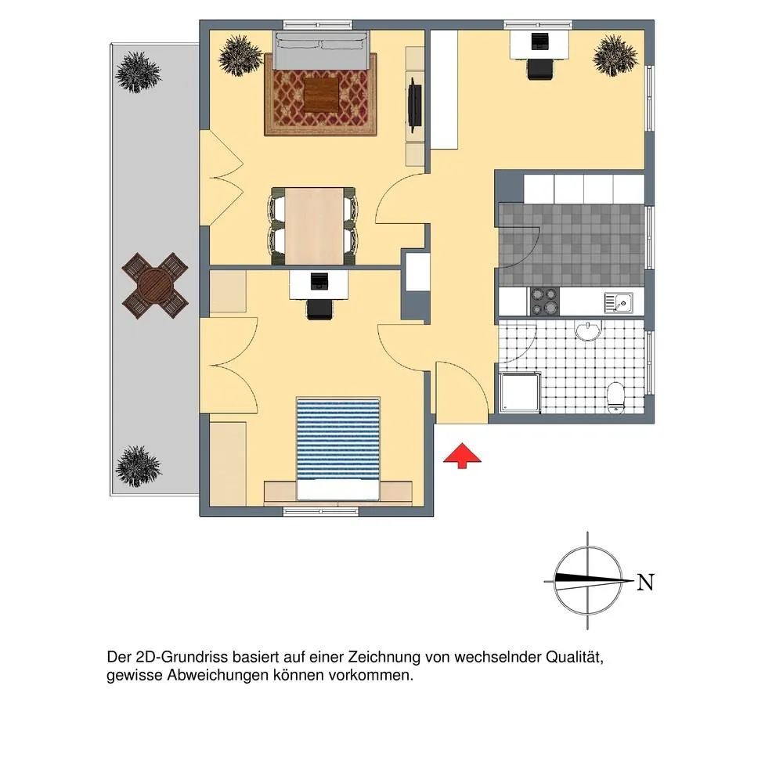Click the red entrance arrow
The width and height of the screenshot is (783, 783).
(x=462, y=455)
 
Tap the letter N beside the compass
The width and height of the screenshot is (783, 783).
(x=645, y=582)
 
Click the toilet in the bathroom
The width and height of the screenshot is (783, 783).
(x=616, y=397)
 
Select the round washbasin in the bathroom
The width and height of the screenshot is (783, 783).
(x=589, y=330)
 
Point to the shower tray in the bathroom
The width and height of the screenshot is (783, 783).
(x=520, y=392)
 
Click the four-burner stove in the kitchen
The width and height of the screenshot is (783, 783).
(x=544, y=301)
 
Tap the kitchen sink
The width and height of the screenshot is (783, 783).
(x=619, y=302)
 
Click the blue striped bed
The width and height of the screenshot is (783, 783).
(x=338, y=449)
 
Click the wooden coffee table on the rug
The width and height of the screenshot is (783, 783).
(x=321, y=95)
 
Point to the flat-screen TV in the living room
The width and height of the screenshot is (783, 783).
(x=414, y=105)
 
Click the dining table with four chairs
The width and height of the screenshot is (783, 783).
(x=314, y=226)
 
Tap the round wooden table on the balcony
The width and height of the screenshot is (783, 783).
(x=155, y=285)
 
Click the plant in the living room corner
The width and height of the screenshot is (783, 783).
(x=240, y=55)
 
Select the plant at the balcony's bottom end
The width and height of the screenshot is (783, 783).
(x=139, y=465)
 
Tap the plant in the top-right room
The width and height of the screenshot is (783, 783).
(x=615, y=56)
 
